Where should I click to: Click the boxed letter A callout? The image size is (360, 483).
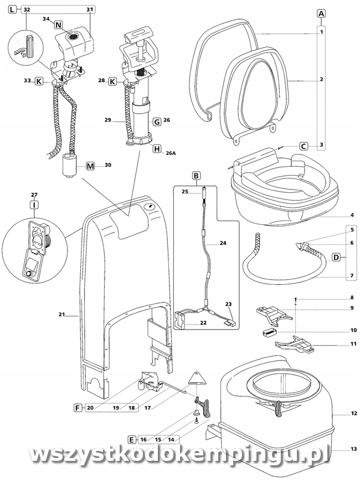321,13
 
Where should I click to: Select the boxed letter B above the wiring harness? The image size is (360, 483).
196,176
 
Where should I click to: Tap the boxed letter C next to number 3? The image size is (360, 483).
304,146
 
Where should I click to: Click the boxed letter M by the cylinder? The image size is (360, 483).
90,166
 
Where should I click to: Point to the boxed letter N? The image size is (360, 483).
59,24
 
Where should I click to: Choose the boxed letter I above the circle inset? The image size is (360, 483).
34,204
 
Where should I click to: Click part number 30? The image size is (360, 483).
108,165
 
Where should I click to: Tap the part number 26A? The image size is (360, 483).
170,153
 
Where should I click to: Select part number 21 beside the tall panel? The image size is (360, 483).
62,314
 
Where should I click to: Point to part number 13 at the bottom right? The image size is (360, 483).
353,449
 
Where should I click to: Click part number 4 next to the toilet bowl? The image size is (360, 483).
352,215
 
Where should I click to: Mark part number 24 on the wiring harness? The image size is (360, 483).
223,243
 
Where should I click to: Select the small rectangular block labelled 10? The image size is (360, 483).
269,332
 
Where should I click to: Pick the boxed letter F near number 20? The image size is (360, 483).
78,408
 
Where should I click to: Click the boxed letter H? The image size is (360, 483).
157,149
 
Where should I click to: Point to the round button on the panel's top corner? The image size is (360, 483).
150,207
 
